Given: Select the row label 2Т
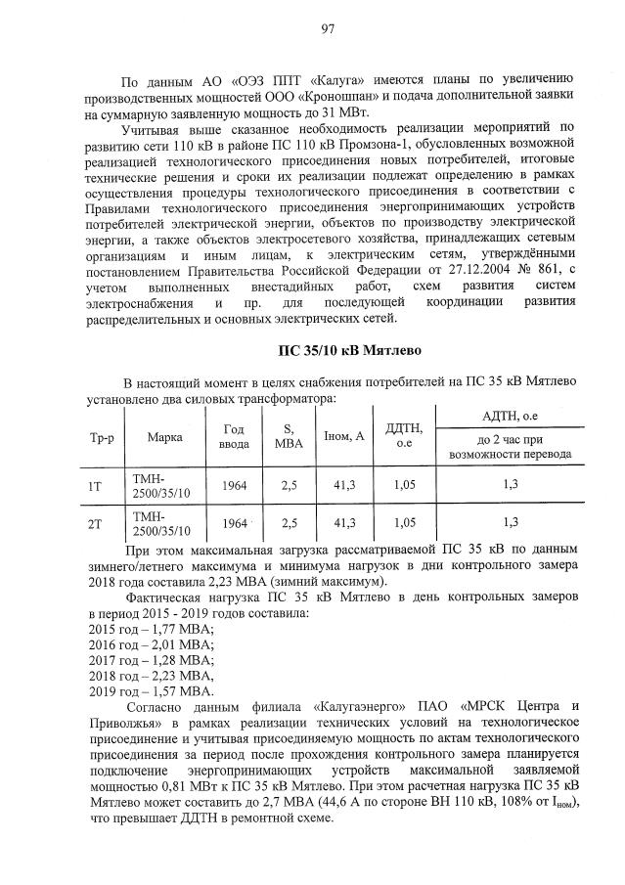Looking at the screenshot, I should pyautogui.click(x=96, y=524).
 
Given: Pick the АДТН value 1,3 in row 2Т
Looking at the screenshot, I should pyautogui.click(x=510, y=524).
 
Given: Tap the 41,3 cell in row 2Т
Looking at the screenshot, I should pyautogui.click(x=343, y=524).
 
